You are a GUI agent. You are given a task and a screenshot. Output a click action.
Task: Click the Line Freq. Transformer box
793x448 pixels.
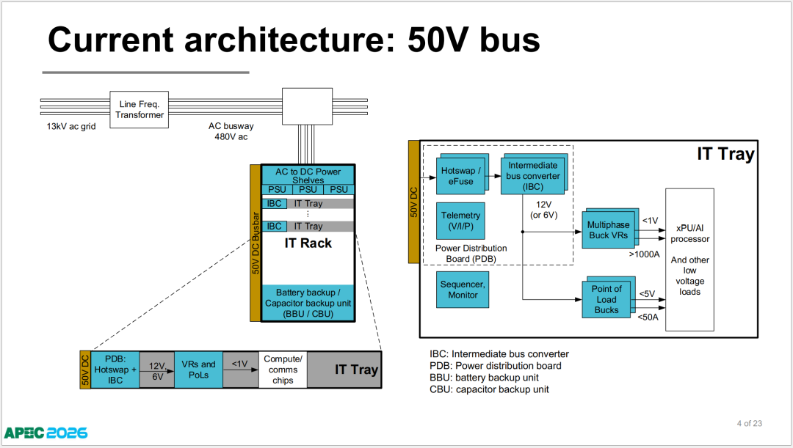tap(139, 109)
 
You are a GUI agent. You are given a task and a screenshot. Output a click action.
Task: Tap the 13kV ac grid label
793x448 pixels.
tap(70, 126)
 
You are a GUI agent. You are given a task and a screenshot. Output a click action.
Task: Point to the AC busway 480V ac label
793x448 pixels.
tap(231, 131)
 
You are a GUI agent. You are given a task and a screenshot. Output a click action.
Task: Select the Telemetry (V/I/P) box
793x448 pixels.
tap(460, 221)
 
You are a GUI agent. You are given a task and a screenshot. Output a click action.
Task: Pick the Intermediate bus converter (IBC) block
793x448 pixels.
tap(534, 175)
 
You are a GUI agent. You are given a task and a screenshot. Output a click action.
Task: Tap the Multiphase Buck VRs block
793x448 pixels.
tap(610, 228)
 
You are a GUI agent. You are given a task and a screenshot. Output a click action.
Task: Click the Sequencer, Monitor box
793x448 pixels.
tap(463, 290)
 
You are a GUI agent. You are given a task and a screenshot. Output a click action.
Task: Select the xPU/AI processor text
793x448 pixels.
tap(689, 233)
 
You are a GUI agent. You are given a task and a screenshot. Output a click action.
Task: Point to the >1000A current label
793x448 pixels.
tap(645, 254)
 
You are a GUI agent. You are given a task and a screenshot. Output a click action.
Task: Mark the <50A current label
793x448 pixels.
tap(648, 317)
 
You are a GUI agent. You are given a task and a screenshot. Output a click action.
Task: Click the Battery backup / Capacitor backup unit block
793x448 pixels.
tap(308, 303)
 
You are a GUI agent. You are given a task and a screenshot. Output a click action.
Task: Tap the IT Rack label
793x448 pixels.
tap(308, 243)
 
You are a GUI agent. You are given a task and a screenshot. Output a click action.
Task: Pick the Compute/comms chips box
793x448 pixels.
tap(283, 370)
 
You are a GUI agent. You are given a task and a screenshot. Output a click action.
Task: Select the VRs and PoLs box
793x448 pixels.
tap(198, 370)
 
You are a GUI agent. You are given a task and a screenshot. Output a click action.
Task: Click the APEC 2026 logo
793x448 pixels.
tap(46, 433)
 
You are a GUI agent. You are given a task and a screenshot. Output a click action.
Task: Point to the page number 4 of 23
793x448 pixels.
tap(750, 423)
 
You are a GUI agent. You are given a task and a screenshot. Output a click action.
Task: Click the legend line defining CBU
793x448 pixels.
tap(489, 389)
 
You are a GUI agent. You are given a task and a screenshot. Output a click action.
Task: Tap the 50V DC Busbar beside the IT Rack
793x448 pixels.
tap(256, 243)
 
